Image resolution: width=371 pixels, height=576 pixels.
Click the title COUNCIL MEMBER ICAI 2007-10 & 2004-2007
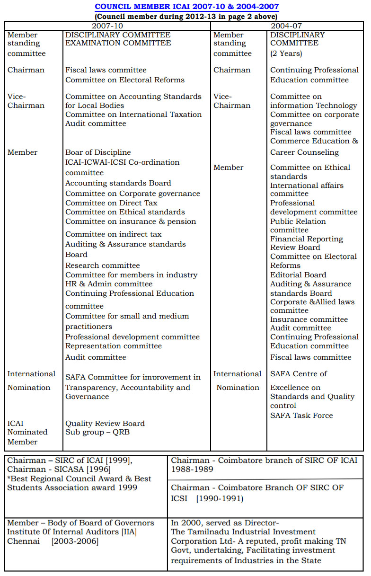186,7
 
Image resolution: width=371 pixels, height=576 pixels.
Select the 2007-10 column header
107,26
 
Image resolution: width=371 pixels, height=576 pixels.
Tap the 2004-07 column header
286,26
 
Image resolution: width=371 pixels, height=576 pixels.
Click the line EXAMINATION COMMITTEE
118,43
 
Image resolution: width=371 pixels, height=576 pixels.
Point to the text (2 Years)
286,53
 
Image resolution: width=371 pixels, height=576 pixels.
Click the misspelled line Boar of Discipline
98,152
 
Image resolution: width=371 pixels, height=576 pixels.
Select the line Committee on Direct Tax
111,203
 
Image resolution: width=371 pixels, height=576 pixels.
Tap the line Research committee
103,266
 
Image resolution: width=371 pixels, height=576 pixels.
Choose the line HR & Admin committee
109,284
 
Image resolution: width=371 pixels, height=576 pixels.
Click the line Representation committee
114,346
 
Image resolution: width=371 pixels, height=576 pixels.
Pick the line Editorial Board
298,275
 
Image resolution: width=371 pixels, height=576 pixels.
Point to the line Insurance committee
309,319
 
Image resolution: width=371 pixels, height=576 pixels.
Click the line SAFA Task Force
301,416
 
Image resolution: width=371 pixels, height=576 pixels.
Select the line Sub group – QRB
97,432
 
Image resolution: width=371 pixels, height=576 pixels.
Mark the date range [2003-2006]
75,541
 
